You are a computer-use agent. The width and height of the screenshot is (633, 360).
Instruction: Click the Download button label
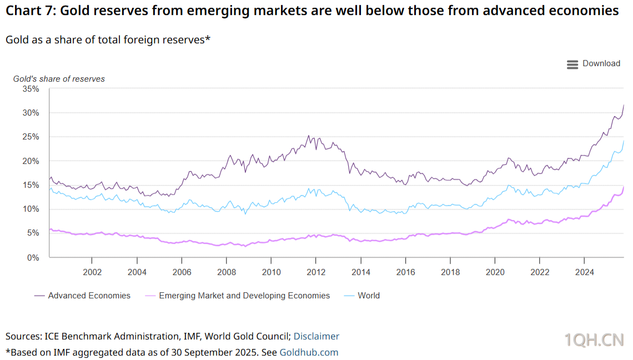pyautogui.click(x=601, y=63)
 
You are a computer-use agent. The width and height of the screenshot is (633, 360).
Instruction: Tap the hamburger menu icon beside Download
pyautogui.click(x=572, y=64)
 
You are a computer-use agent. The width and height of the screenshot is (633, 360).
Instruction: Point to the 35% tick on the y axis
pyautogui.click(x=31, y=89)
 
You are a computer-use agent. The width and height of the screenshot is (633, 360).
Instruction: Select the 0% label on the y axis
pyautogui.click(x=33, y=258)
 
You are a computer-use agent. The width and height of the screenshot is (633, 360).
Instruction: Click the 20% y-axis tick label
pyautogui.click(x=31, y=161)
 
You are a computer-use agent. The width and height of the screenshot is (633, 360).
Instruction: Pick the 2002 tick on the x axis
pyautogui.click(x=92, y=272)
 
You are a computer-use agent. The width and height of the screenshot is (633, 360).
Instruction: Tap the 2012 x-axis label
pyautogui.click(x=315, y=272)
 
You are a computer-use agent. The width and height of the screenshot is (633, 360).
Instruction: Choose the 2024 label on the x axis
pyautogui.click(x=584, y=272)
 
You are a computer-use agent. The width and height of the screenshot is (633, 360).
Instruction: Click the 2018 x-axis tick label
pyautogui.click(x=450, y=272)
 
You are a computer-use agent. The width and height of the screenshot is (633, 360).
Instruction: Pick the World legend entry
pyautogui.click(x=369, y=296)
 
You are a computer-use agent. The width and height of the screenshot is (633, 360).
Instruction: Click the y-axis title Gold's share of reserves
pyautogui.click(x=59, y=79)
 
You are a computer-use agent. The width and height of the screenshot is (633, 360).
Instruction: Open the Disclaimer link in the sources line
pyautogui.click(x=316, y=336)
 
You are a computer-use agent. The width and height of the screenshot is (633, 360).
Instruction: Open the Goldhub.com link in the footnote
pyautogui.click(x=309, y=352)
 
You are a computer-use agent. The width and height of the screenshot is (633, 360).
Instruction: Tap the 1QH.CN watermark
pyautogui.click(x=594, y=340)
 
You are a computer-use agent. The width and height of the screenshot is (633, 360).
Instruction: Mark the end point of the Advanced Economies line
pyautogui.click(x=624, y=104)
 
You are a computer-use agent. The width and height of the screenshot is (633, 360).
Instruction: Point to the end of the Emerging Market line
pyautogui.click(x=624, y=187)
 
